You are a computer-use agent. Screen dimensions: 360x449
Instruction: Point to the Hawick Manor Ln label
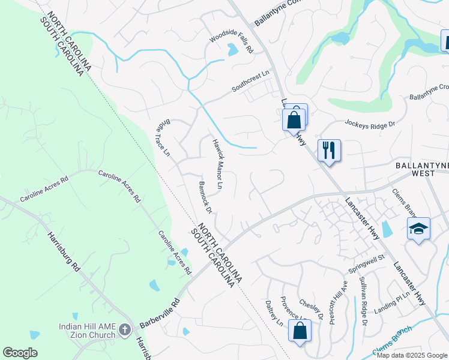(217, 164)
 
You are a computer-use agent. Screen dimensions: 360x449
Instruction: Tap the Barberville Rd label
(160, 314)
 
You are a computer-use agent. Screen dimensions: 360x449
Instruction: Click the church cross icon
(125, 329)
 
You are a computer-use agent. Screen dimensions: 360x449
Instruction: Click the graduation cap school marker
(418, 229)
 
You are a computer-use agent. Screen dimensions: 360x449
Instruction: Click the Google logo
(20, 353)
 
